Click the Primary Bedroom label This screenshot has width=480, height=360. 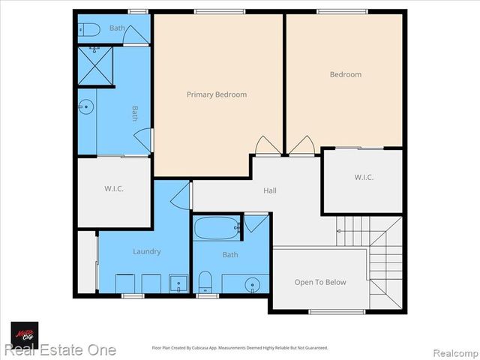pos(217,94)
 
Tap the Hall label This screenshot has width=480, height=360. pos(269,190)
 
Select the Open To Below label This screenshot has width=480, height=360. pos(320,282)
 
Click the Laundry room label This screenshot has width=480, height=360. pos(147,252)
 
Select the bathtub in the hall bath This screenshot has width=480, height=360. pos(216,228)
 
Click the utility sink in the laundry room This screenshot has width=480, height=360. pos(178,283)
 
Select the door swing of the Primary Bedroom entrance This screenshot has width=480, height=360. pos(265,146)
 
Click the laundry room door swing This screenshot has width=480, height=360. pos(180,197)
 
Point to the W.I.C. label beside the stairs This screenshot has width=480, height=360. pos(364,178)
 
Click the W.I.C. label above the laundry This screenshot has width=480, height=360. pos(113,188)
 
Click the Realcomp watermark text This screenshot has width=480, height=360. pos(452,351)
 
